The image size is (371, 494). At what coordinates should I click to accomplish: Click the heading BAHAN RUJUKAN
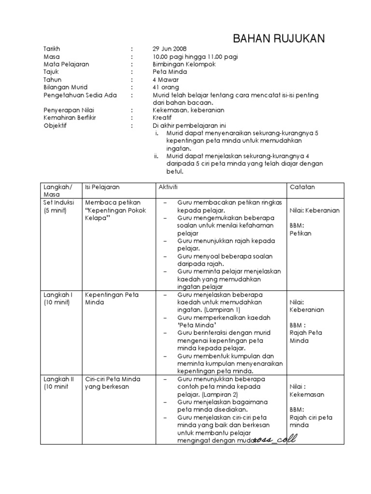coord(280,39)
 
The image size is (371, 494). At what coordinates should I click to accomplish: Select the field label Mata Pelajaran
coord(66,64)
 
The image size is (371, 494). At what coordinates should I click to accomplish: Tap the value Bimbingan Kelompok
coord(184,64)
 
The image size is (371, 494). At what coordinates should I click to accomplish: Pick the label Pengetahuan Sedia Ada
coord(77,95)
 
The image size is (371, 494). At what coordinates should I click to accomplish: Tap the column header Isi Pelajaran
coord(102,187)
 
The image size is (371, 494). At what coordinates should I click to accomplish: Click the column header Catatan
coord(302,187)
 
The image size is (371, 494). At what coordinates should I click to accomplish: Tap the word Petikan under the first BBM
coord(300,233)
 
